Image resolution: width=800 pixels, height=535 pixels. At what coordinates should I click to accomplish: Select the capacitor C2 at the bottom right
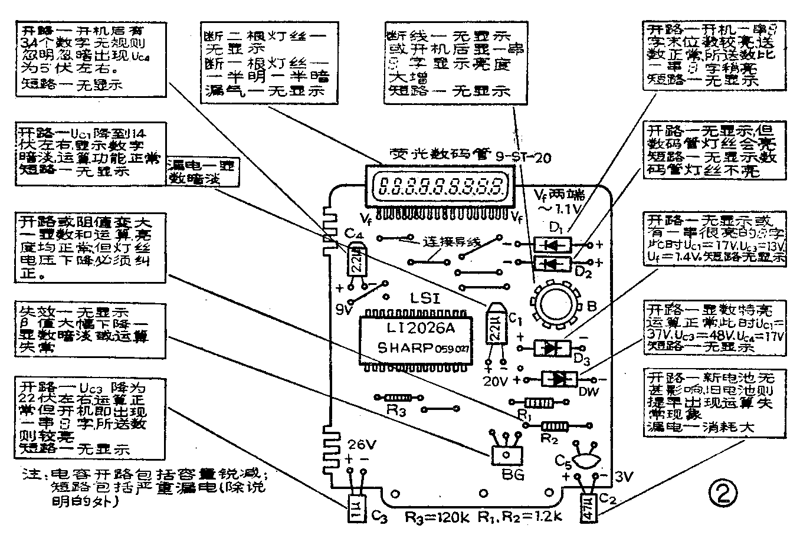click(x=588, y=507)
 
